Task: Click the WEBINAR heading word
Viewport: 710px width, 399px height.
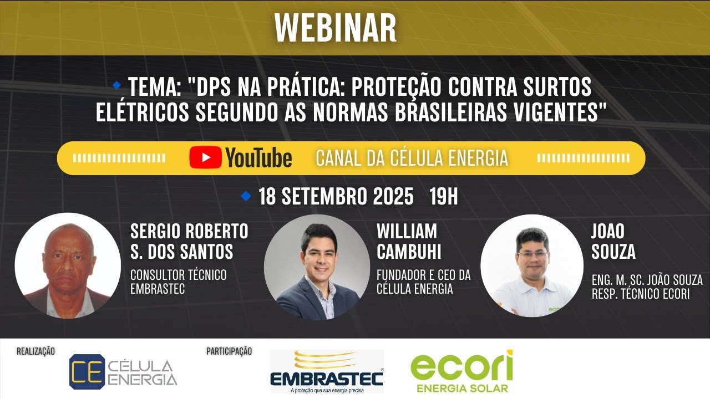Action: (x=336, y=28)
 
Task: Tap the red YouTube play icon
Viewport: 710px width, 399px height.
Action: (x=205, y=157)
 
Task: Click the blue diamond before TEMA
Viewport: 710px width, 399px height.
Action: (x=117, y=85)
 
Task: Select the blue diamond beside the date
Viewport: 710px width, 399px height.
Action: (x=246, y=196)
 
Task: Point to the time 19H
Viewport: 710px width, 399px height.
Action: (x=443, y=196)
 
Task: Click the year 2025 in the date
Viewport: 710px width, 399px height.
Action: (x=393, y=196)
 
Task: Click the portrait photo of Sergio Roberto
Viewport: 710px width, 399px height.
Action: (x=68, y=265)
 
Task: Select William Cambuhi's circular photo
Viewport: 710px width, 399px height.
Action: (x=317, y=267)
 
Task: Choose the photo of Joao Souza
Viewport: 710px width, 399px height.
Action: (x=532, y=265)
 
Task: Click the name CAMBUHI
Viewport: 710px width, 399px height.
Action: (x=409, y=252)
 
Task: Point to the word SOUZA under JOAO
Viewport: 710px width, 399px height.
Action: (x=613, y=252)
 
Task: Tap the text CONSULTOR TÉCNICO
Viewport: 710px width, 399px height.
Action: (x=179, y=275)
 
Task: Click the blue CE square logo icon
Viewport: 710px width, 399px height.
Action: (x=87, y=371)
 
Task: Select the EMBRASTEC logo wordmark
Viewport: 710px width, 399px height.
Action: (x=327, y=378)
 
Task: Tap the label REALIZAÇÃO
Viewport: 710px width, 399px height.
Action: (x=36, y=351)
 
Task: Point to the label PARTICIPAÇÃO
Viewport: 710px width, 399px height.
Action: (x=229, y=351)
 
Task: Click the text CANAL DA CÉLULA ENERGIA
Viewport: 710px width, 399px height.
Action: (x=412, y=158)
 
